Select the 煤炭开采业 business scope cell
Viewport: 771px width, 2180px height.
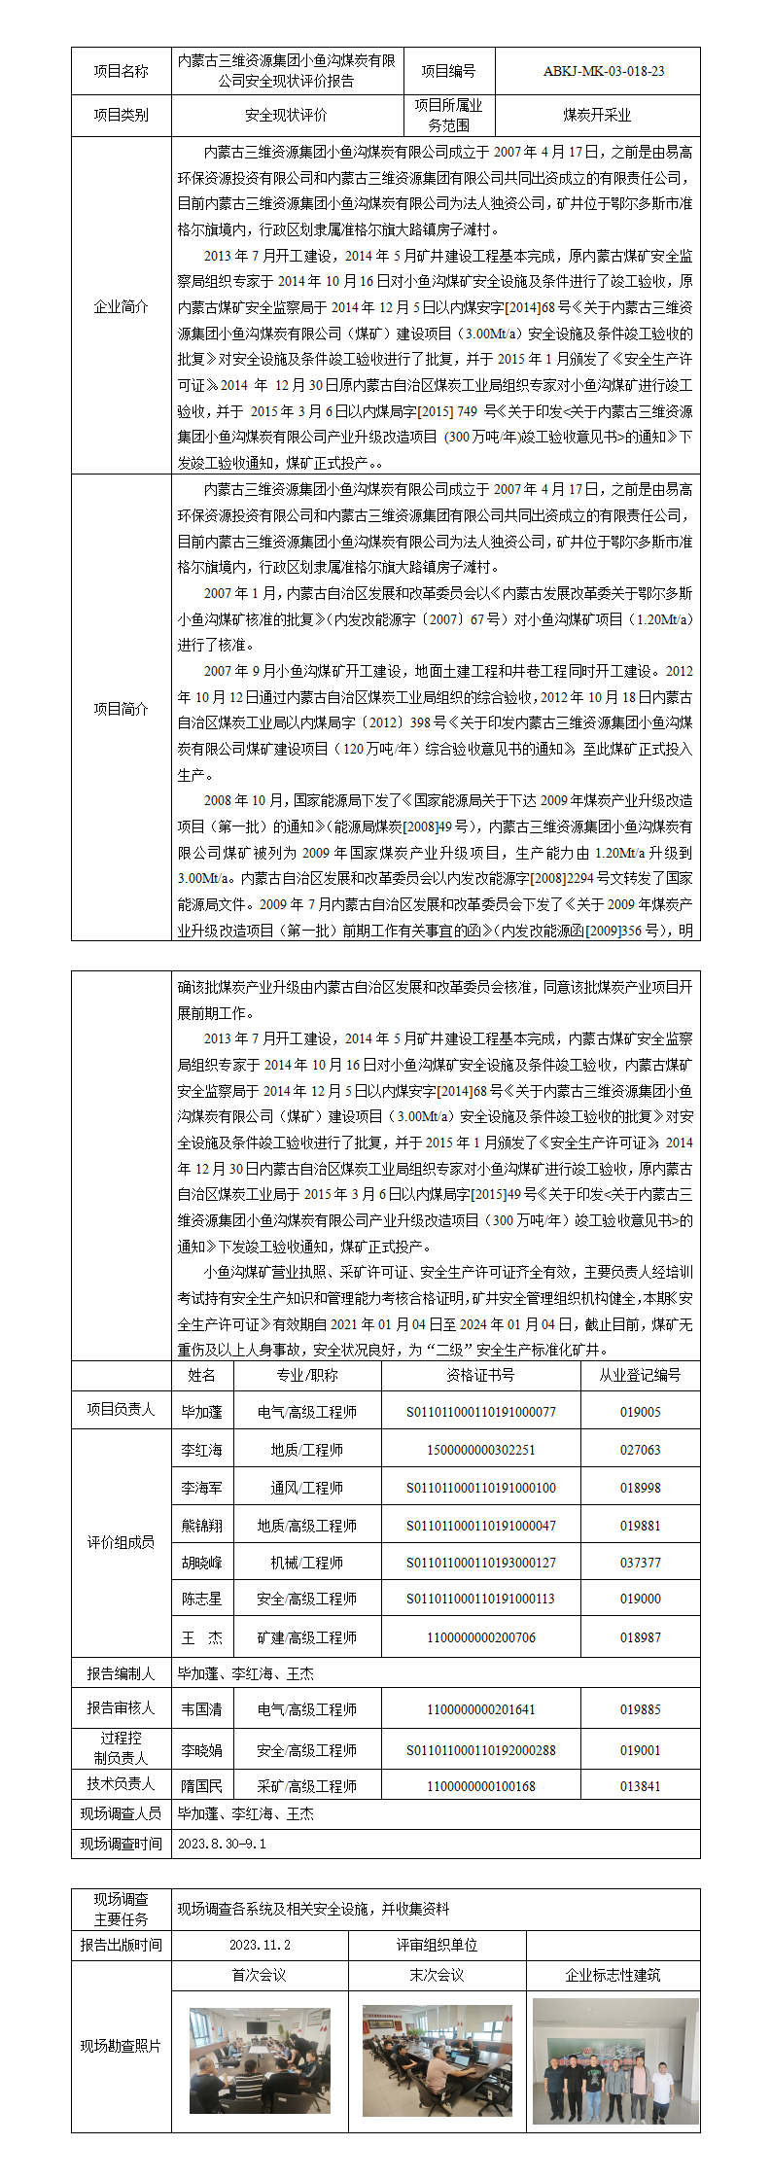click(x=597, y=115)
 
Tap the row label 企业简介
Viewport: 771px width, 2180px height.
click(x=121, y=306)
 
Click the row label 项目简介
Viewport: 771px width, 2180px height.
click(x=121, y=709)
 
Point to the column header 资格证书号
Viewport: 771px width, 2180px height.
click(x=480, y=1375)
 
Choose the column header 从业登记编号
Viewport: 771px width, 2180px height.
click(x=640, y=1375)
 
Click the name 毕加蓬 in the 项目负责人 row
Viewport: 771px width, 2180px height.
click(x=201, y=1412)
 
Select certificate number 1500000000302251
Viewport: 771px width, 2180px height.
click(x=480, y=1450)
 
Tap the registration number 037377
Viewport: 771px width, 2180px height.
click(x=640, y=1563)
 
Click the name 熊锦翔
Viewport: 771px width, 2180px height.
click(x=201, y=1526)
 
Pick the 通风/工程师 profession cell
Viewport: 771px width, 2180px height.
click(x=306, y=1488)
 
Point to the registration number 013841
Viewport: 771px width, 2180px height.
click(x=640, y=1786)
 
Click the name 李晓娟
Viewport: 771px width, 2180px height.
click(x=201, y=1750)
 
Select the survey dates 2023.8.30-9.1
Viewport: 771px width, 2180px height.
click(x=222, y=1844)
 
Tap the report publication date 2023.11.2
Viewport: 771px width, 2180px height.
click(x=260, y=1945)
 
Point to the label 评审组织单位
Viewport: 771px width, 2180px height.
click(x=437, y=1945)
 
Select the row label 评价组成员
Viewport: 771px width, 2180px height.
click(x=121, y=1542)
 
